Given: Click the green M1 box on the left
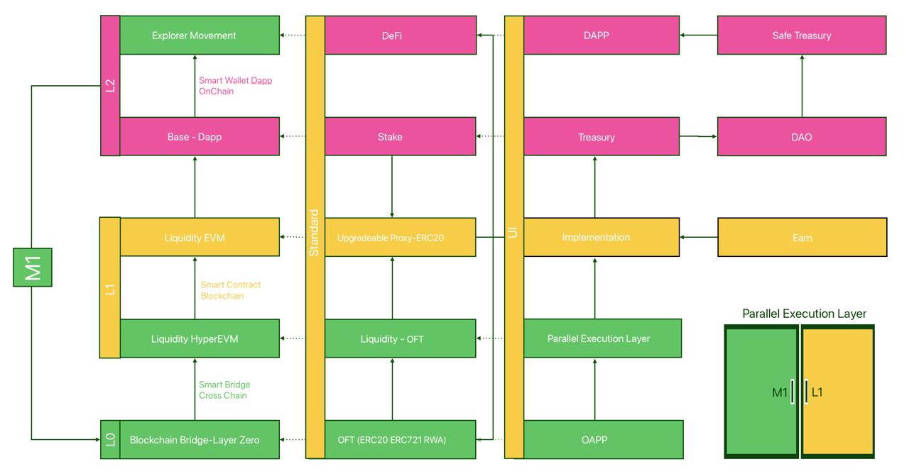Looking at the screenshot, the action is [x=33, y=268].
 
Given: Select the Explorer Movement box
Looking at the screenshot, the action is [x=200, y=35].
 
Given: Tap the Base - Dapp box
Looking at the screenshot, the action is [x=200, y=137].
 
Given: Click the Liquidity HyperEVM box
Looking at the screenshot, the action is [x=200, y=338].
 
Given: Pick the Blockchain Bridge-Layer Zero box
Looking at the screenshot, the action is [x=200, y=439].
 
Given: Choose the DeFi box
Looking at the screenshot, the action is [x=401, y=35].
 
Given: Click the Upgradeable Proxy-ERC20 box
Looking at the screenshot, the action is [x=401, y=237].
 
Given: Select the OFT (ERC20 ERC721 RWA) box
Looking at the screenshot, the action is [x=401, y=439].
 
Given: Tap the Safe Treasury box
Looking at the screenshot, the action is [x=802, y=35].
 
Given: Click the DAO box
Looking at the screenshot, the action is [x=802, y=137].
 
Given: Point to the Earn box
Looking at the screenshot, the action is [x=802, y=237].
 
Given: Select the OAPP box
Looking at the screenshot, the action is [x=604, y=439].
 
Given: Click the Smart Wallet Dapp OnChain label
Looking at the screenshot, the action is [x=235, y=86].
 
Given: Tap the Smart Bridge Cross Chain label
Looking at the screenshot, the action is [x=224, y=390].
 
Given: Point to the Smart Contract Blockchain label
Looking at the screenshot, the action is [x=231, y=290].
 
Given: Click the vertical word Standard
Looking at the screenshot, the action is [x=314, y=233].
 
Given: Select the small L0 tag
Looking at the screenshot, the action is [x=110, y=439].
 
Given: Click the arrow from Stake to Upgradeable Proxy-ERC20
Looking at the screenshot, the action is [x=392, y=187].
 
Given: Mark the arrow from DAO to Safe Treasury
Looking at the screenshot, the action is [x=802, y=86].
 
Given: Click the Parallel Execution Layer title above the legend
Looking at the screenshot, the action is [x=804, y=314].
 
